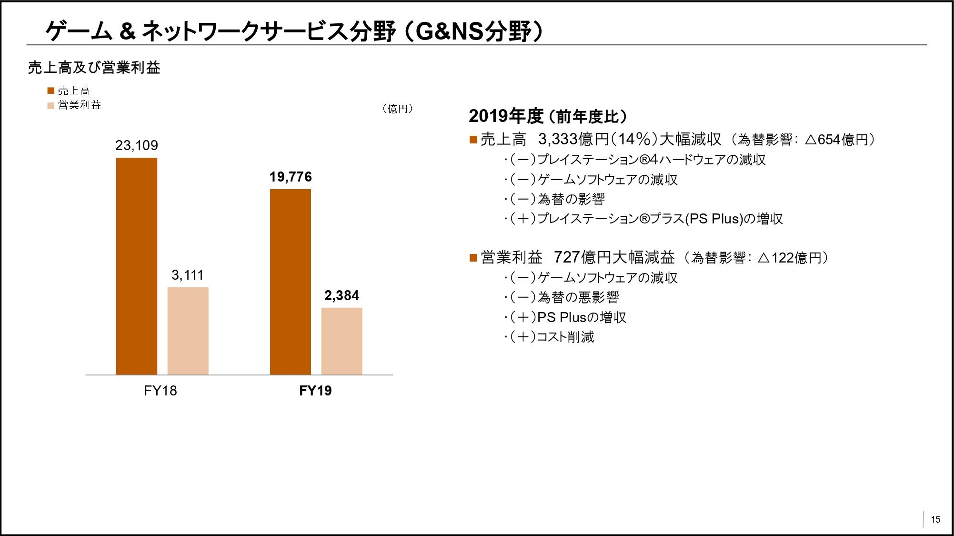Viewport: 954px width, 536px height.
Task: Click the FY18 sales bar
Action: pos(137,266)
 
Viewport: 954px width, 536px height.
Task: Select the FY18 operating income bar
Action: pos(188,331)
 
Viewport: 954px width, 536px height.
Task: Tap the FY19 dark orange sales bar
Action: pos(291,282)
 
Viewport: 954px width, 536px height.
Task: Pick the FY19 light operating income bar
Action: pos(341,341)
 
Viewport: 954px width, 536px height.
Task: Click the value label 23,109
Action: pos(137,145)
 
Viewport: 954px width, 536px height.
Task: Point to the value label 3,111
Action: pos(188,275)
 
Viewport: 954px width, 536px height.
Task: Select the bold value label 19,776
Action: pos(291,177)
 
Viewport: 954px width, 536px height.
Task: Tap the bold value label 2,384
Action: pos(341,295)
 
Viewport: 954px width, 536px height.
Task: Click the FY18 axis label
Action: pos(161,391)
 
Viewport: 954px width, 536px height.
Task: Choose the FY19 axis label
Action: pos(315,391)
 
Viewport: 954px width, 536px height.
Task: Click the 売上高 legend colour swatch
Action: pos(51,91)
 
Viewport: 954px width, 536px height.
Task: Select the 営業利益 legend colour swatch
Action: pos(51,105)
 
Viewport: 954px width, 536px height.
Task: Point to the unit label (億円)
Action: pos(398,109)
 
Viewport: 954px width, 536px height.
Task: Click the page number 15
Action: pos(935,519)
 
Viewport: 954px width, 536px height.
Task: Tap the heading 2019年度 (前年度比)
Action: pos(548,116)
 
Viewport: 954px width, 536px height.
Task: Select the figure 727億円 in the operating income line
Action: pos(582,257)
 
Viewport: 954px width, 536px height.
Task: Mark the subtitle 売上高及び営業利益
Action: pos(94,68)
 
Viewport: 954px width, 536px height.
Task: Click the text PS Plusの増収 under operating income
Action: pos(582,317)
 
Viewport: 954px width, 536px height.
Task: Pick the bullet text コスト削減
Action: pos(565,337)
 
